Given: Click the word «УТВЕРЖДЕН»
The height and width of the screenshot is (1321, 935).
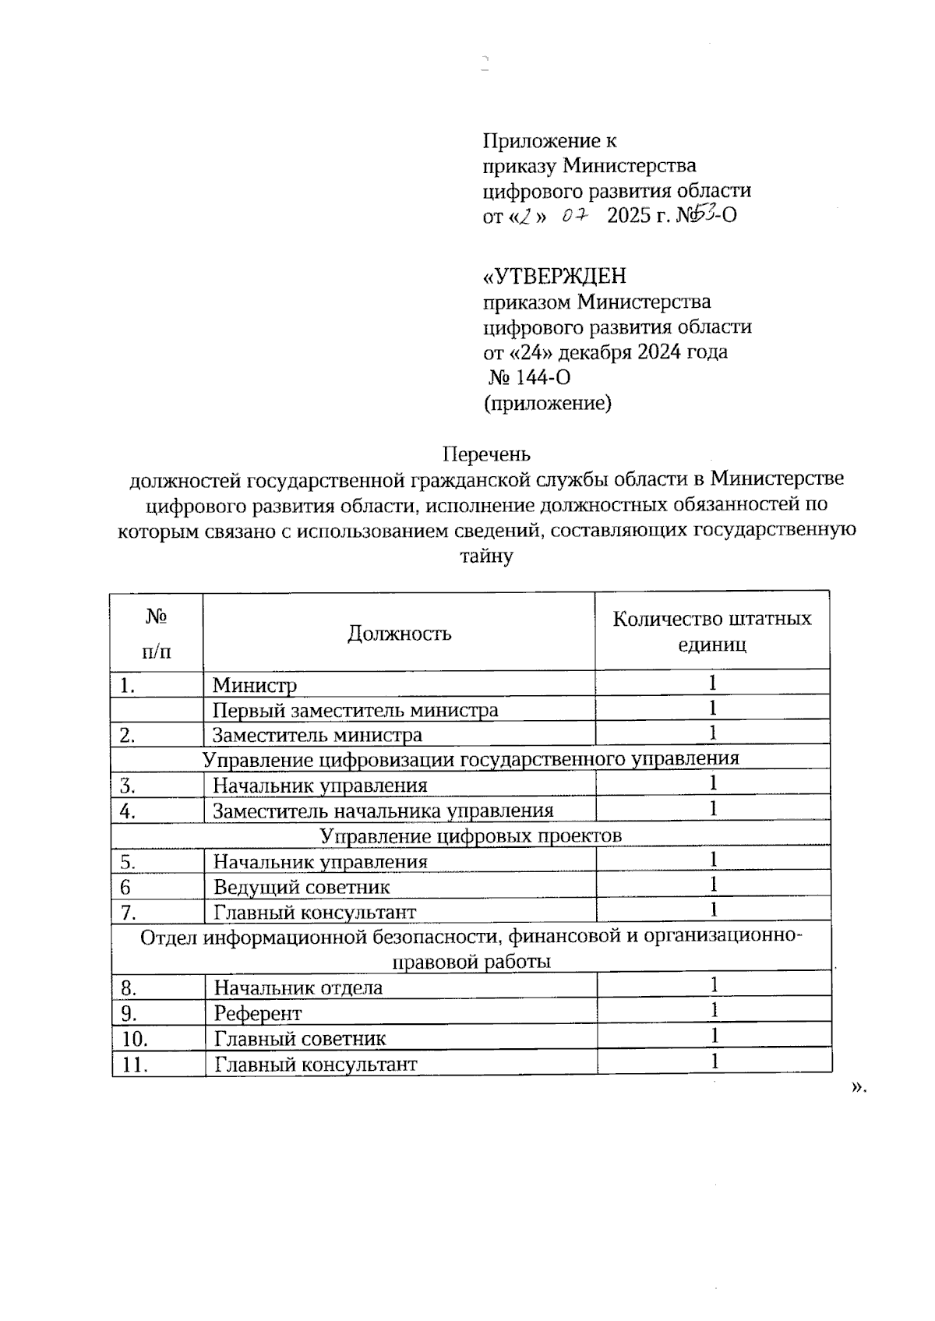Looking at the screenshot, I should (x=555, y=277).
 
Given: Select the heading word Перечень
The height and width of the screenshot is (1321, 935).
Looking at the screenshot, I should (x=486, y=454).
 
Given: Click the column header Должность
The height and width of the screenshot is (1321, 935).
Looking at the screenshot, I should (x=399, y=633).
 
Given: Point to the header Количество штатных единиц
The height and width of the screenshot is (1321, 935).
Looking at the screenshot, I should (x=711, y=632).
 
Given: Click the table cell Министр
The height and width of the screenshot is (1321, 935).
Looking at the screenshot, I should (x=255, y=685).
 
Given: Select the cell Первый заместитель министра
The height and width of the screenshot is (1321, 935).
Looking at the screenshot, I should (x=355, y=710).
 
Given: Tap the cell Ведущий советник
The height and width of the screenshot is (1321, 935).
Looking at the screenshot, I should (x=302, y=887).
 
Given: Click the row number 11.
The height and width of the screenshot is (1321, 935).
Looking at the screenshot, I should (x=135, y=1065).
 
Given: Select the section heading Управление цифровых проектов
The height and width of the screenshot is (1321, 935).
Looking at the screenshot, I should (x=471, y=836).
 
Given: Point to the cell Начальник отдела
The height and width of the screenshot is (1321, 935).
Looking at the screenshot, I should (x=298, y=988).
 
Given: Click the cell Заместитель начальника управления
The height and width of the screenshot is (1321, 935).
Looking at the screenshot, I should (x=383, y=811).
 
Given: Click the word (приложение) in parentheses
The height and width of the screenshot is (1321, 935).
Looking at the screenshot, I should (x=547, y=403).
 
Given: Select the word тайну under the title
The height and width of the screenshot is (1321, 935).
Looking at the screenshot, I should (x=486, y=556).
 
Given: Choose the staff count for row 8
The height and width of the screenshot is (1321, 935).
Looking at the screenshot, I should (x=713, y=986).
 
